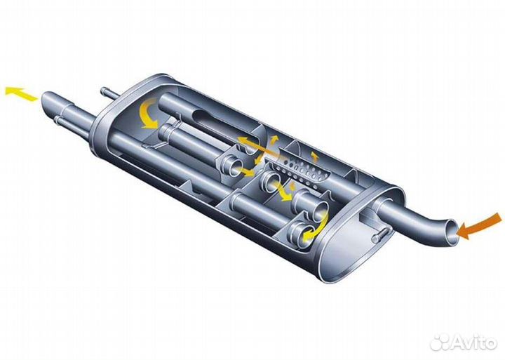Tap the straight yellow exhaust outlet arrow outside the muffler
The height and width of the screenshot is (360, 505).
coord(21,93)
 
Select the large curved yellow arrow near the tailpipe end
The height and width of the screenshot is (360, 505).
coord(149,114)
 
